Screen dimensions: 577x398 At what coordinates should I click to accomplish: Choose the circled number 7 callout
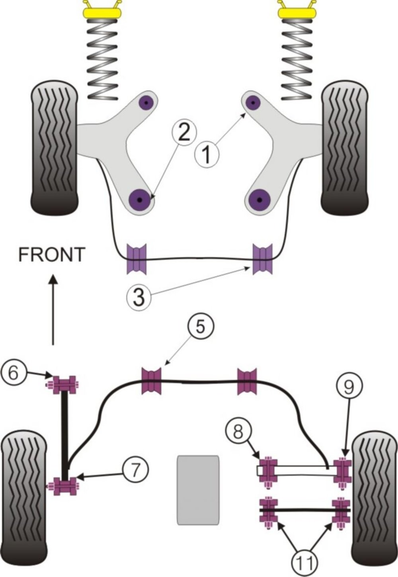135,470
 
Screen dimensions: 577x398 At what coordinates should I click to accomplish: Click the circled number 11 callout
306,562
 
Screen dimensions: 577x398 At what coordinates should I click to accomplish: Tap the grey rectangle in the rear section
198,489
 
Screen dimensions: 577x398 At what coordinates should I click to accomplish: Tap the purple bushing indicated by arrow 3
262,259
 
